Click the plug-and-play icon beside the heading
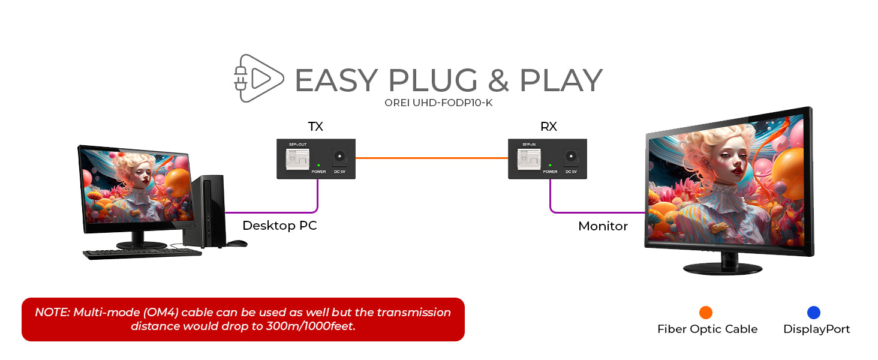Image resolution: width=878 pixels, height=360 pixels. point(257,78)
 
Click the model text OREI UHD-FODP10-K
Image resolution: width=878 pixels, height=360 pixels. point(438,103)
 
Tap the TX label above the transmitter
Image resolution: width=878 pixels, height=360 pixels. point(315,127)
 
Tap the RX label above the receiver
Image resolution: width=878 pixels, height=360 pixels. point(548,127)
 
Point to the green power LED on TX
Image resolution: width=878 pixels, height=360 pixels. point(318,165)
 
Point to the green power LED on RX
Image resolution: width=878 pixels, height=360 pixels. point(550,165)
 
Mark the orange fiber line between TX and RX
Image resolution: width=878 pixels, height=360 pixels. point(432,158)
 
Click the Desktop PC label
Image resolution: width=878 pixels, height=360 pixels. point(279,226)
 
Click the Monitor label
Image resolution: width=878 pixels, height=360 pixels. point(603,226)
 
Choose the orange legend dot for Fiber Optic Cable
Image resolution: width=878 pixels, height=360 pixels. point(706,312)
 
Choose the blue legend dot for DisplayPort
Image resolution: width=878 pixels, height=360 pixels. point(814,312)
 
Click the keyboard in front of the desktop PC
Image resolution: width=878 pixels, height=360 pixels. point(142,253)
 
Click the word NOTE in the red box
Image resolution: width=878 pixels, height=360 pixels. point(51,313)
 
